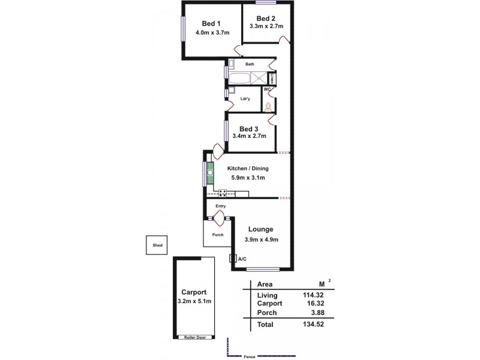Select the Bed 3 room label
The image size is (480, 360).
point(248,128)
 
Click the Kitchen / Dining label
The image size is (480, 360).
point(248,169)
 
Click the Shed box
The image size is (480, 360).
point(157,245)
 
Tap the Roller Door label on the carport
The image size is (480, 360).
point(193,338)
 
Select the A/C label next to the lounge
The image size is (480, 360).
point(242,259)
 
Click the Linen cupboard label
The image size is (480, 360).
point(272,78)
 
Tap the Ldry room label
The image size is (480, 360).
point(244,98)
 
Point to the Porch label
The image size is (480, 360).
point(218,235)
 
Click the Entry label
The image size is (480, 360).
point(221,206)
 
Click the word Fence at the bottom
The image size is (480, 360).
point(249,357)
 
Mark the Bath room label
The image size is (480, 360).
point(250,64)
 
